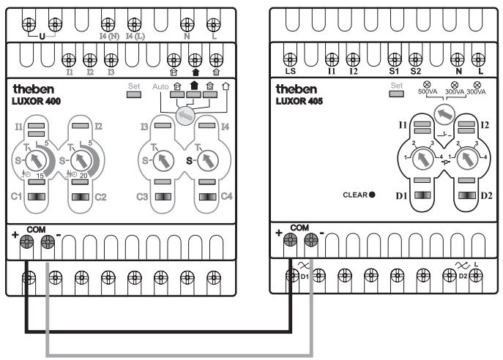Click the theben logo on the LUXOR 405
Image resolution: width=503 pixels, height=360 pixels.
(295, 89)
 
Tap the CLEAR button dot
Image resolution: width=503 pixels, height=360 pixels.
(373, 195)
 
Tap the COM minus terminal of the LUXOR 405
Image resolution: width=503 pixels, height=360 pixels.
(310, 241)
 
